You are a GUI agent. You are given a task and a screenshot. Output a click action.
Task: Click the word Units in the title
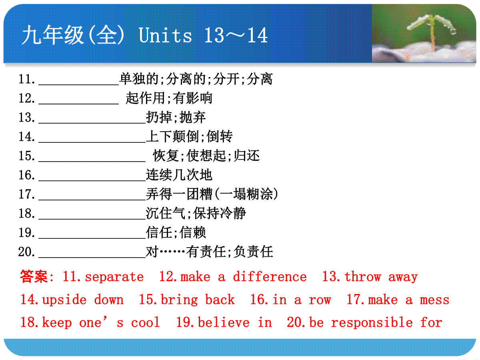tap(165, 35)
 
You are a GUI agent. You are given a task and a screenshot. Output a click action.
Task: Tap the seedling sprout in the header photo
tap(432, 31)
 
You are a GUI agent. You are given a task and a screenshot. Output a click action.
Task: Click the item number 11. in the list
tap(27, 79)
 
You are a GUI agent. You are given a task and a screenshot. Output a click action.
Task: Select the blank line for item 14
tap(92, 142)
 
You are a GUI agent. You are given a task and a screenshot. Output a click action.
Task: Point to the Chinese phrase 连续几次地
tap(179, 175)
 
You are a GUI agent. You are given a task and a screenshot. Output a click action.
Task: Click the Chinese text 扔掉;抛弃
tap(176, 117)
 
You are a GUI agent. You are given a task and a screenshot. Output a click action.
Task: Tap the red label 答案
tap(34, 276)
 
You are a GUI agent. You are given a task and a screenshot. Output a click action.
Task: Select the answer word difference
tap(270, 276)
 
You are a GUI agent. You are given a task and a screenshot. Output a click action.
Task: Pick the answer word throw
tap(363, 276)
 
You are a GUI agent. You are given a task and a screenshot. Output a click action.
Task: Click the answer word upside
tap(64, 300)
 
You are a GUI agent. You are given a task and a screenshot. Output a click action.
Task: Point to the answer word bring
tap(179, 300)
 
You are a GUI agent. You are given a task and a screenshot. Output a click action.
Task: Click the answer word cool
tap(146, 323)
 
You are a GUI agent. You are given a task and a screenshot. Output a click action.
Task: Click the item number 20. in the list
tap(26, 252)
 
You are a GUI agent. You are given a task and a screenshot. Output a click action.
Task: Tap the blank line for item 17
tap(92, 200)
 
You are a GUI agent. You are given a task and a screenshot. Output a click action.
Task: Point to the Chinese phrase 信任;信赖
tap(176, 232)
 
